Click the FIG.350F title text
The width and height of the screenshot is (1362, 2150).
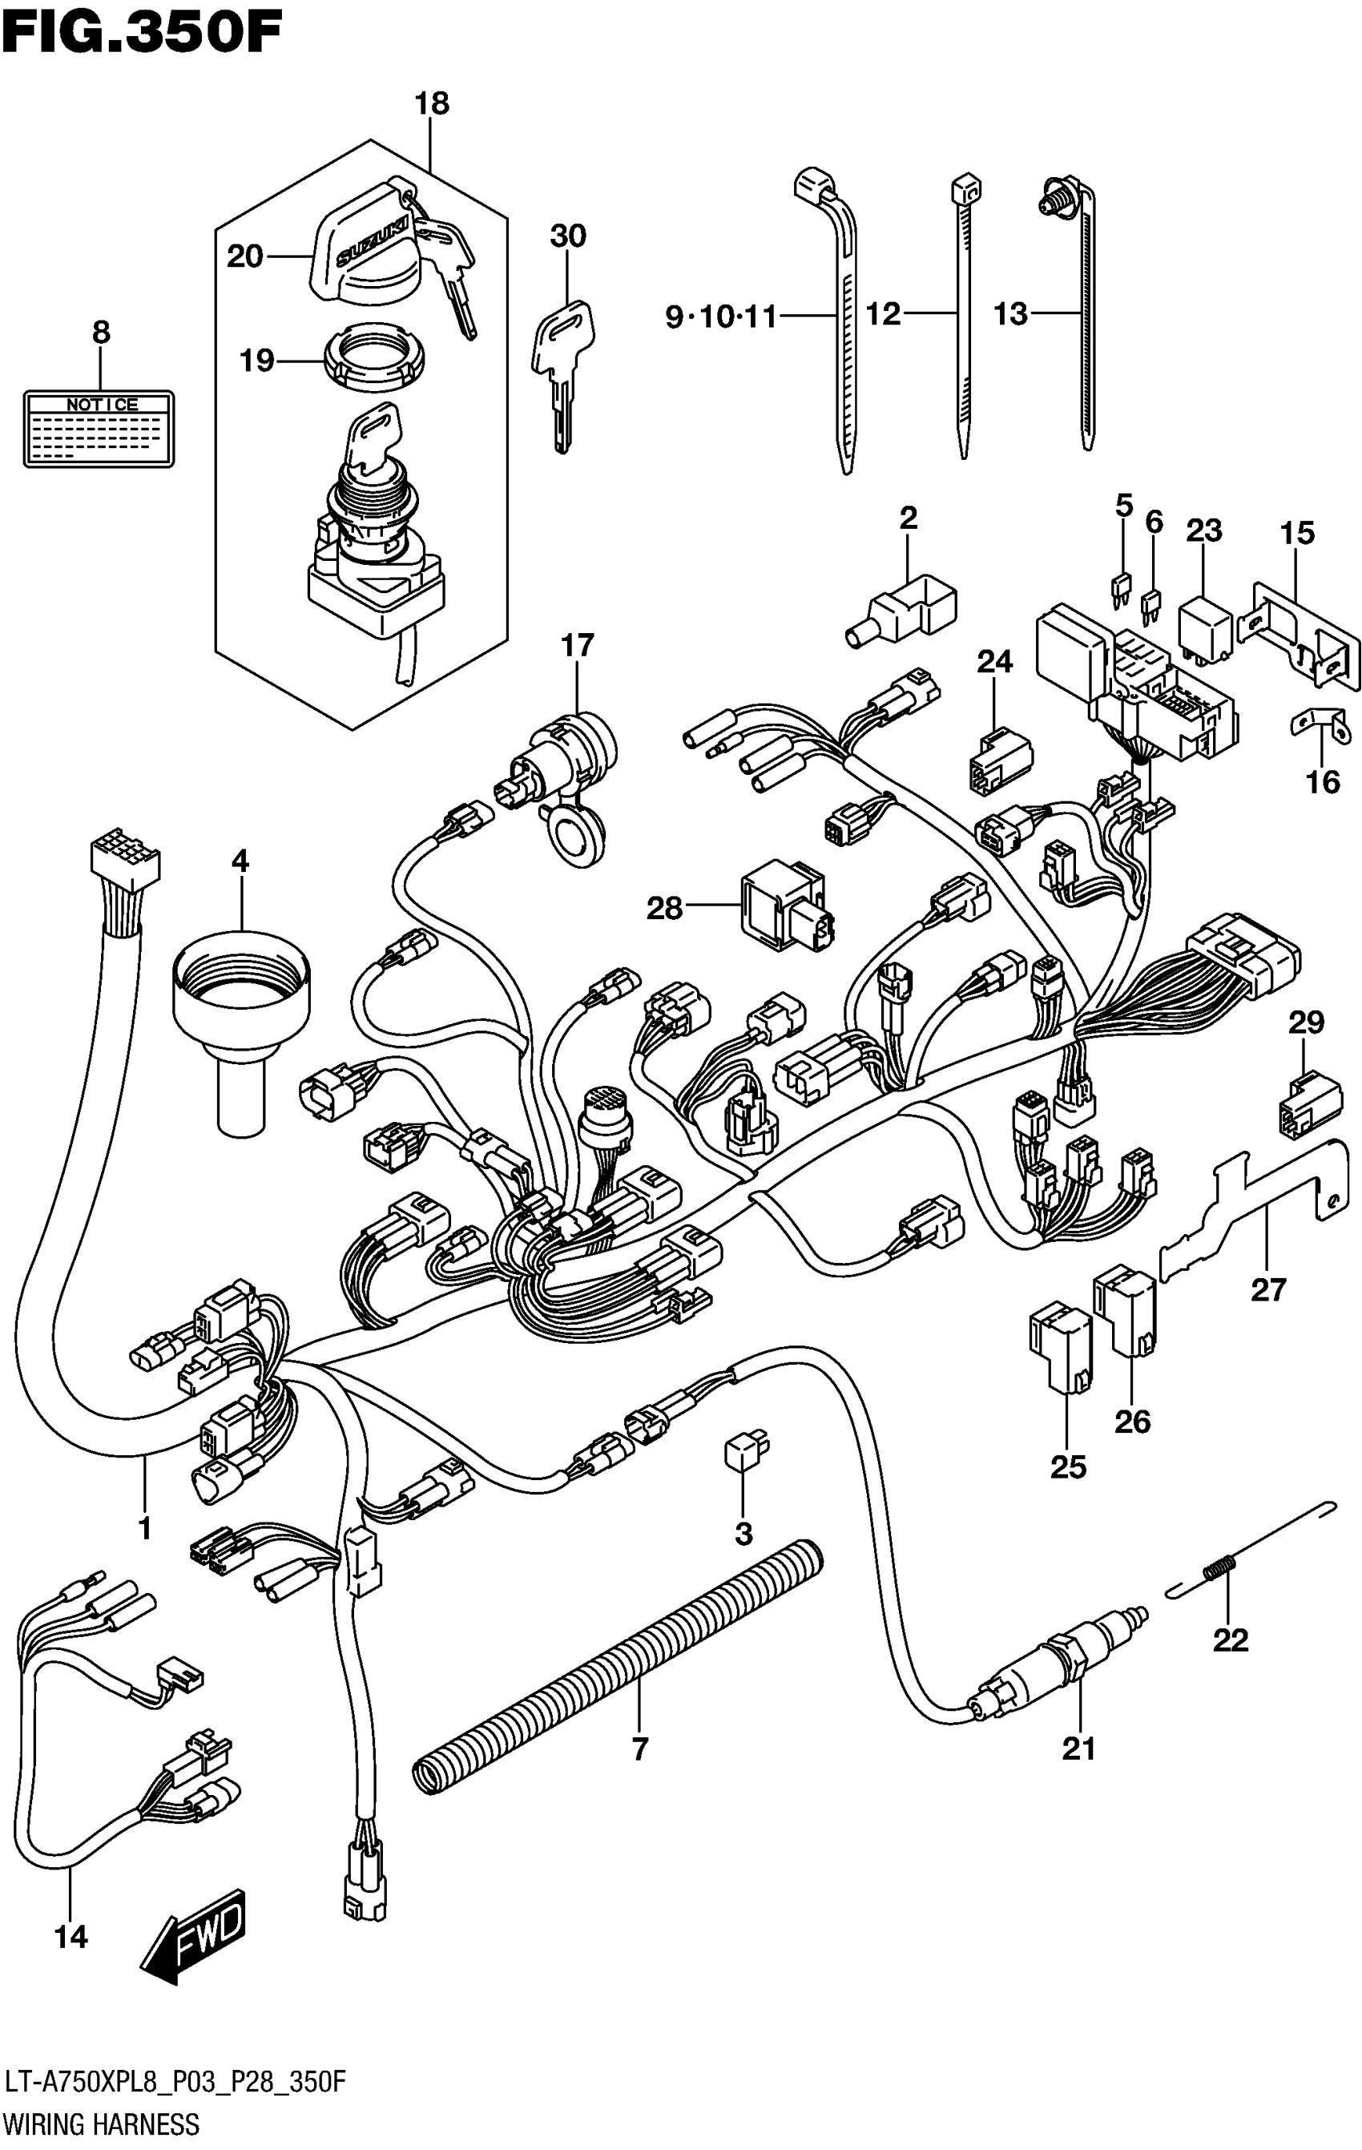(x=143, y=34)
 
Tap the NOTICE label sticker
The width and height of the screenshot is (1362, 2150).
(x=99, y=429)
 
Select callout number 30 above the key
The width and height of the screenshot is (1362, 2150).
(x=568, y=236)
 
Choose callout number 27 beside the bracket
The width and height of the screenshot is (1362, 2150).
(x=1267, y=1289)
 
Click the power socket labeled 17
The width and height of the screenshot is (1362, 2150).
(x=562, y=768)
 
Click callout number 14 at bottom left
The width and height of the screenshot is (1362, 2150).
(x=71, y=1937)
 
